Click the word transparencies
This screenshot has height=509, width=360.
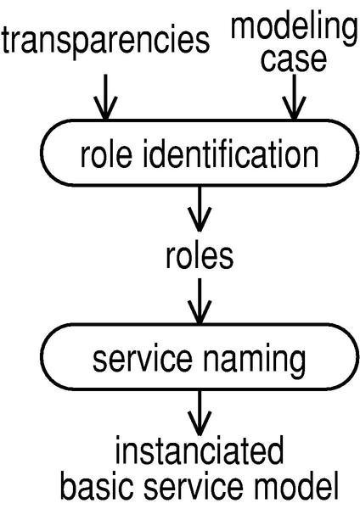click(x=105, y=42)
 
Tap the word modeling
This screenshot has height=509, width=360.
click(x=294, y=29)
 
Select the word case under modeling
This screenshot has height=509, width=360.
click(x=294, y=60)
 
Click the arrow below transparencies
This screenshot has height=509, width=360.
click(x=105, y=98)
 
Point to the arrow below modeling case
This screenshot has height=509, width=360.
click(x=294, y=98)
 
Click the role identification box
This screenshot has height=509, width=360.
click(x=200, y=153)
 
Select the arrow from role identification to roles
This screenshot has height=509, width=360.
click(x=200, y=209)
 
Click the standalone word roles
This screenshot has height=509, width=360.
click(x=200, y=256)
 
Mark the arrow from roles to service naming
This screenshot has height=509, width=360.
click(x=200, y=301)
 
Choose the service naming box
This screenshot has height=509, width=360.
click(x=200, y=356)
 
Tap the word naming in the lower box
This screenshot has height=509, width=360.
click(x=255, y=360)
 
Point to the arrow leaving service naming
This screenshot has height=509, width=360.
click(x=200, y=412)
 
